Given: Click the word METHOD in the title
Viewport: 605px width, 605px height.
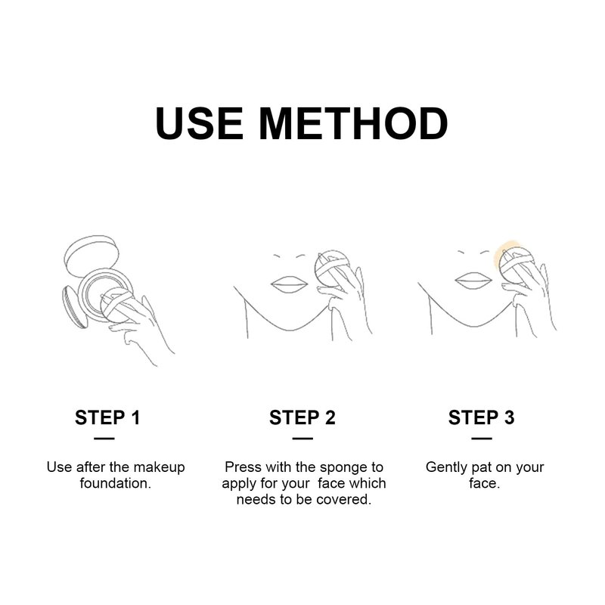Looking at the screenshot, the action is (x=353, y=123).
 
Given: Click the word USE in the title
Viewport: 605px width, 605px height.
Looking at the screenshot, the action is (x=200, y=123).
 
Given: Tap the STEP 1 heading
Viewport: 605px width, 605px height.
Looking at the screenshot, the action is (x=107, y=417).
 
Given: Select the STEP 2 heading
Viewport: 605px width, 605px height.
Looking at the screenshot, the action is (x=302, y=417).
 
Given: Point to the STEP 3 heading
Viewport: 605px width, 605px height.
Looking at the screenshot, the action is (x=482, y=417).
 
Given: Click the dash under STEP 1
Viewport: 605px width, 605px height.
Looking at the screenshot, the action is (x=104, y=439).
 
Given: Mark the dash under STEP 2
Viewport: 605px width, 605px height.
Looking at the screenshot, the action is (x=302, y=439).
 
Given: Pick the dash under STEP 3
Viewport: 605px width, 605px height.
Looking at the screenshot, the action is (x=482, y=439).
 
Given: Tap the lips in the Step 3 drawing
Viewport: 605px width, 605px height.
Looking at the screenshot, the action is (x=474, y=281).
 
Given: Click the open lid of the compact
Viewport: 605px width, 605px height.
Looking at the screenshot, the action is (x=92, y=256).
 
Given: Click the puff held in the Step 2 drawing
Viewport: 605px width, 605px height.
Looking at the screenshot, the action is (x=332, y=268).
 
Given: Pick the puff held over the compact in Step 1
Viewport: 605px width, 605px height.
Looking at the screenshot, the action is (x=116, y=305).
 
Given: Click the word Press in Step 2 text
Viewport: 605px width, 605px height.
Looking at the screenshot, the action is (x=243, y=467).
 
